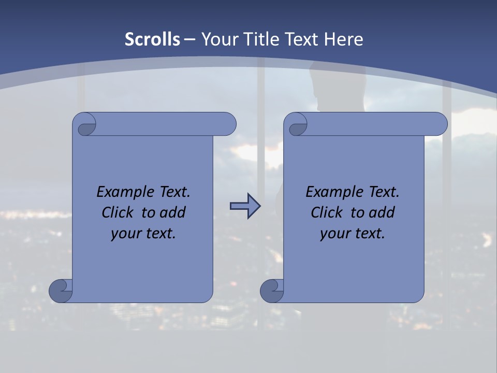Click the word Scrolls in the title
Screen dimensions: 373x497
point(153,39)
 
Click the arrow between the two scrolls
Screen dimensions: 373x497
point(245,206)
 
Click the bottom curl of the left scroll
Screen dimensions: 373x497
point(61,291)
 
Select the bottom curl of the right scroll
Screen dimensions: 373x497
point(272,291)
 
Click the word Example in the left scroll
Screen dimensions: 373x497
point(120,192)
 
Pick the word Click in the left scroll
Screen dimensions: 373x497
point(113,212)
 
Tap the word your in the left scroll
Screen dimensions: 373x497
point(125,234)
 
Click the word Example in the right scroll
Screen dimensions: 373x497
point(329,192)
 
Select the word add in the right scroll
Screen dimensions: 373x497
point(382,212)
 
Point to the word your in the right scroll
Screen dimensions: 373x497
point(334,234)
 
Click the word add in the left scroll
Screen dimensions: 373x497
point(173,212)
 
